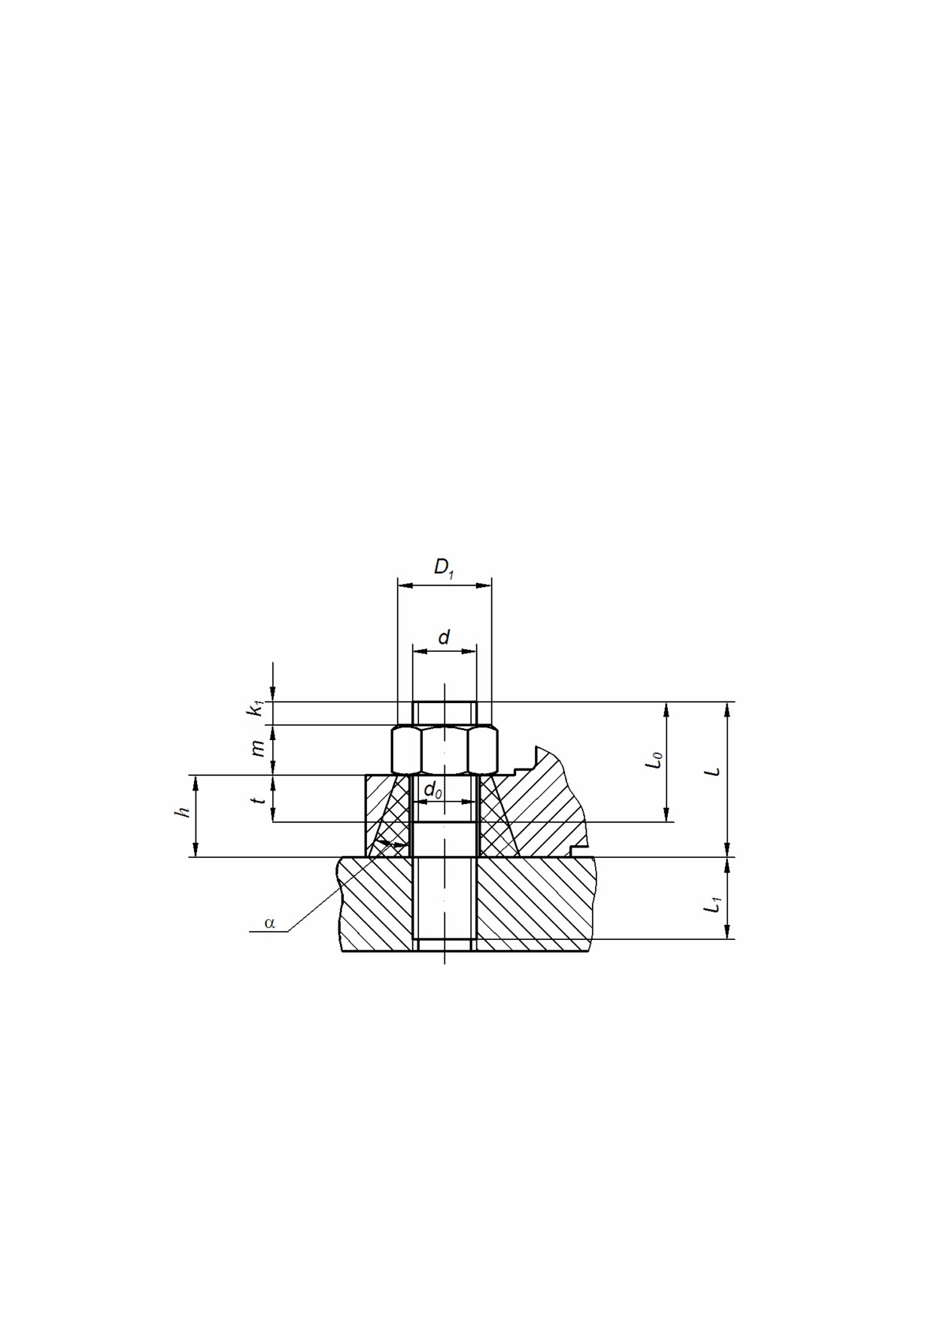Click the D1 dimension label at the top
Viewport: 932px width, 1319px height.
pos(445,569)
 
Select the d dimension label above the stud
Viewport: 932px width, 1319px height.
pos(444,638)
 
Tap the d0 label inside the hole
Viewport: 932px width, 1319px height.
pos(433,790)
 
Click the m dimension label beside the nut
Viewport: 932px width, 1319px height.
pos(257,748)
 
